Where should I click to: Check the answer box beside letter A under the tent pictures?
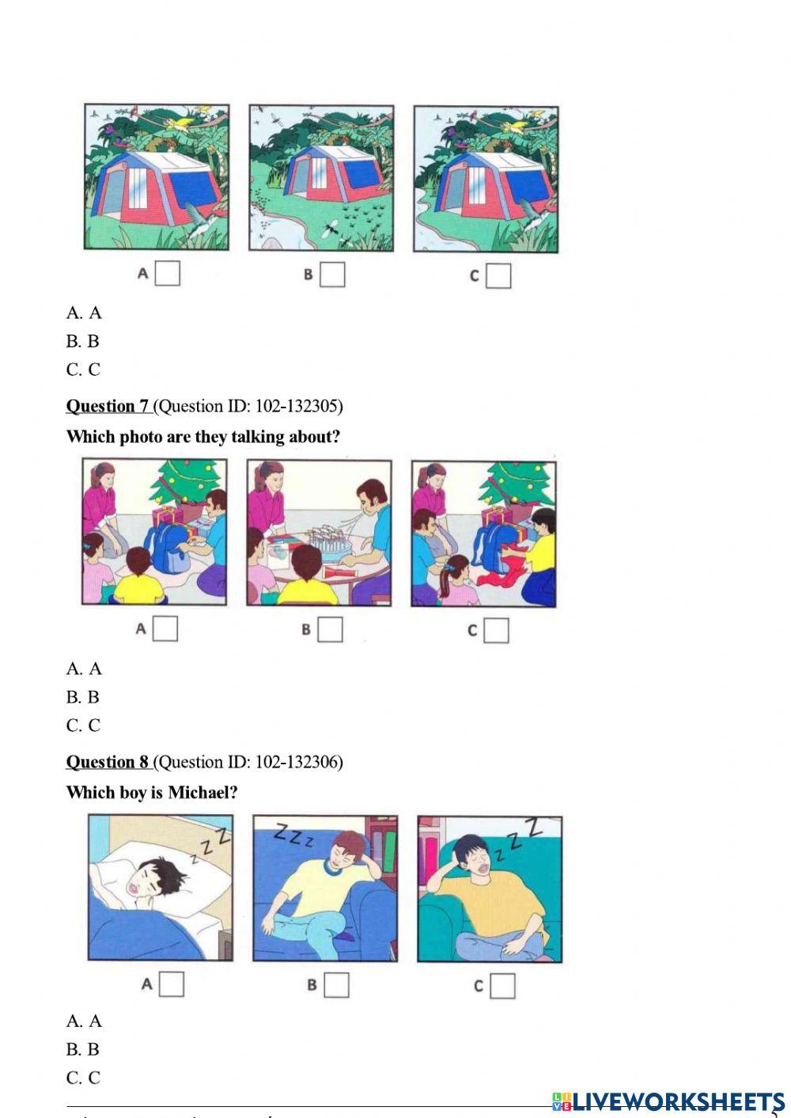(168, 273)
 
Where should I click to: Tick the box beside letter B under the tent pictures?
(333, 275)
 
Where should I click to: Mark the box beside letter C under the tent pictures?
(498, 275)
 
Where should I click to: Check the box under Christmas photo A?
(165, 629)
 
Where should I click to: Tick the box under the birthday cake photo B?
(331, 630)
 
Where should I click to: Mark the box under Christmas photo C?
(496, 631)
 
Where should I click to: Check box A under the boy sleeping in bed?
(172, 984)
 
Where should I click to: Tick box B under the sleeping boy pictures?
(336, 985)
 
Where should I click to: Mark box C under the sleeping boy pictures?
(502, 986)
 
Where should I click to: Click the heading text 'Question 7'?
(108, 406)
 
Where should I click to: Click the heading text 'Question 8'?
(108, 762)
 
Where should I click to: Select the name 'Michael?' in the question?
(202, 792)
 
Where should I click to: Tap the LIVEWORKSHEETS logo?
(668, 1101)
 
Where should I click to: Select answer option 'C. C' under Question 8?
(83, 1078)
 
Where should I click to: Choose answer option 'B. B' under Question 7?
(83, 697)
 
